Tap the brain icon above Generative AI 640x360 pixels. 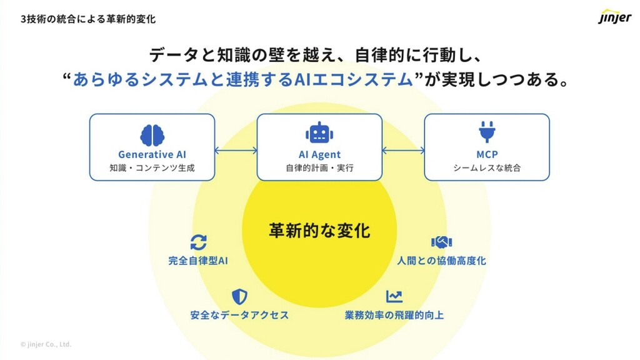click(x=152, y=134)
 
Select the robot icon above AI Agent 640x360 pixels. click(x=319, y=132)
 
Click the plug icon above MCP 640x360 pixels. click(x=486, y=132)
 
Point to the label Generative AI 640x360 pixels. click(x=152, y=154)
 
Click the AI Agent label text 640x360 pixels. click(x=319, y=154)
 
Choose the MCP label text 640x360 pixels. click(x=486, y=154)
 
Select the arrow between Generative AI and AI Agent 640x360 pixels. click(x=236, y=150)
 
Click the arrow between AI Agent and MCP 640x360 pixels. click(x=403, y=150)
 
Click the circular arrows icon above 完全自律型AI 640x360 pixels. click(x=198, y=242)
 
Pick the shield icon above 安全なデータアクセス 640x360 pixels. click(x=239, y=296)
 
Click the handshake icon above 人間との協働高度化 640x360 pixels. click(x=441, y=242)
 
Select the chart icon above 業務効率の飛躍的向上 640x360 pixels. click(x=394, y=296)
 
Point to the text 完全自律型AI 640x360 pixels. click(x=198, y=261)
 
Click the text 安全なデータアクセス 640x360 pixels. click(x=239, y=315)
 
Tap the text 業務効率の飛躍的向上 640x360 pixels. click(x=394, y=315)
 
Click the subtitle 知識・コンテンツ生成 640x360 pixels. click(x=152, y=168)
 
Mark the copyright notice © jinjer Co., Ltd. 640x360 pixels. click(x=46, y=344)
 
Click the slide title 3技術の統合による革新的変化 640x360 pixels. click(x=88, y=19)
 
